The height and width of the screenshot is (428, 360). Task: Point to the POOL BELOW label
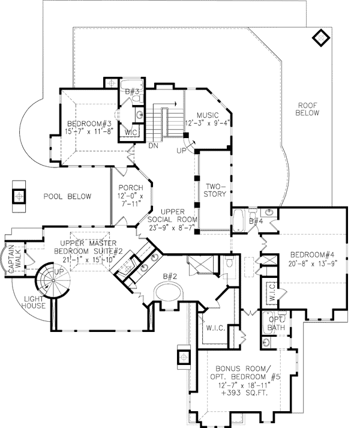67,196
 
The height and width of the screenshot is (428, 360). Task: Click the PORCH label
129,188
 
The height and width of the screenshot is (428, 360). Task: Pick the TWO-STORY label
214,190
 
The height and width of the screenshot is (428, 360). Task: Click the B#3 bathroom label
134,92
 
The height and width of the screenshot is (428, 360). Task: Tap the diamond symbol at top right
322,37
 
